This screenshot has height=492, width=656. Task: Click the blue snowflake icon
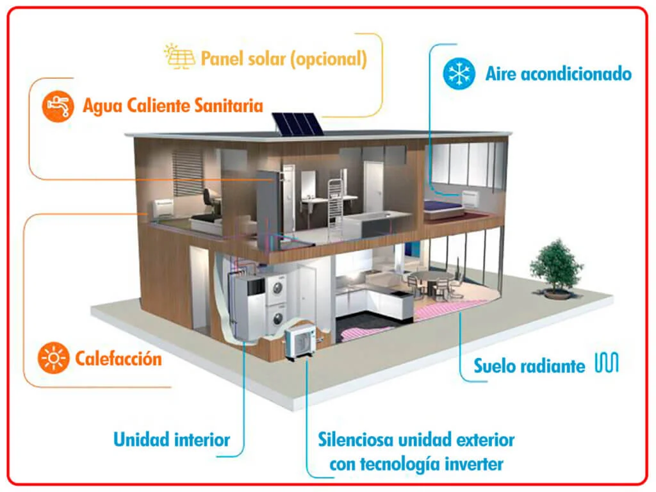459,74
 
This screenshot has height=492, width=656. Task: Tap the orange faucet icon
58,106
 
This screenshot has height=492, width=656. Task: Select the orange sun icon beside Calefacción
54,358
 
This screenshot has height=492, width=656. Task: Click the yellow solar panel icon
179,56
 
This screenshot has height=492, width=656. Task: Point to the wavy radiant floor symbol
607,363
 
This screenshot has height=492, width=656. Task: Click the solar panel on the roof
297,124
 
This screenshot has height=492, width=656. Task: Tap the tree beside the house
556,268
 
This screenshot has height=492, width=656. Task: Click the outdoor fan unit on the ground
300,340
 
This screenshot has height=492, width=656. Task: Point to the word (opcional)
329,59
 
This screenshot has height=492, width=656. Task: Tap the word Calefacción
119,359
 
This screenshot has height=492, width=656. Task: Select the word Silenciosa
356,439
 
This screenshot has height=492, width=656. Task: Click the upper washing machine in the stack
275,288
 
